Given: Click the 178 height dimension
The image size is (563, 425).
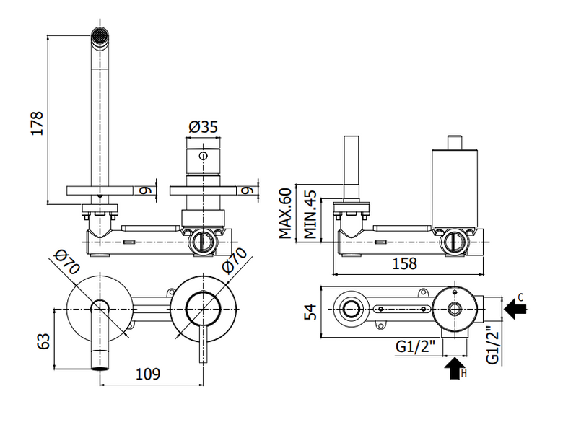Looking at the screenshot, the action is (x=38, y=123).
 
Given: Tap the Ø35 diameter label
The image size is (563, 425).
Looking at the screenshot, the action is (x=204, y=127).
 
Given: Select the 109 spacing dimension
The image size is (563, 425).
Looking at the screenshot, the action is (x=147, y=374).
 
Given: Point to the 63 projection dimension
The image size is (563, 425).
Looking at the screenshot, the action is (x=43, y=341).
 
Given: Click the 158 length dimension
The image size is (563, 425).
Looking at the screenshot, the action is (x=404, y=263).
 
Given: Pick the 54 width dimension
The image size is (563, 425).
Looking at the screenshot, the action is (x=310, y=312).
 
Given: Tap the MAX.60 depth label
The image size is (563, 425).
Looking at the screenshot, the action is (x=285, y=213).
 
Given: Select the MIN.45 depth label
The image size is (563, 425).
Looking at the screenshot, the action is (x=310, y=214).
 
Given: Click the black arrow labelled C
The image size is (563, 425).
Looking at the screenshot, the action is (x=515, y=308).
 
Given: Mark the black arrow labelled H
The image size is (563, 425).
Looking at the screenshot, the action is (x=455, y=368).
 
